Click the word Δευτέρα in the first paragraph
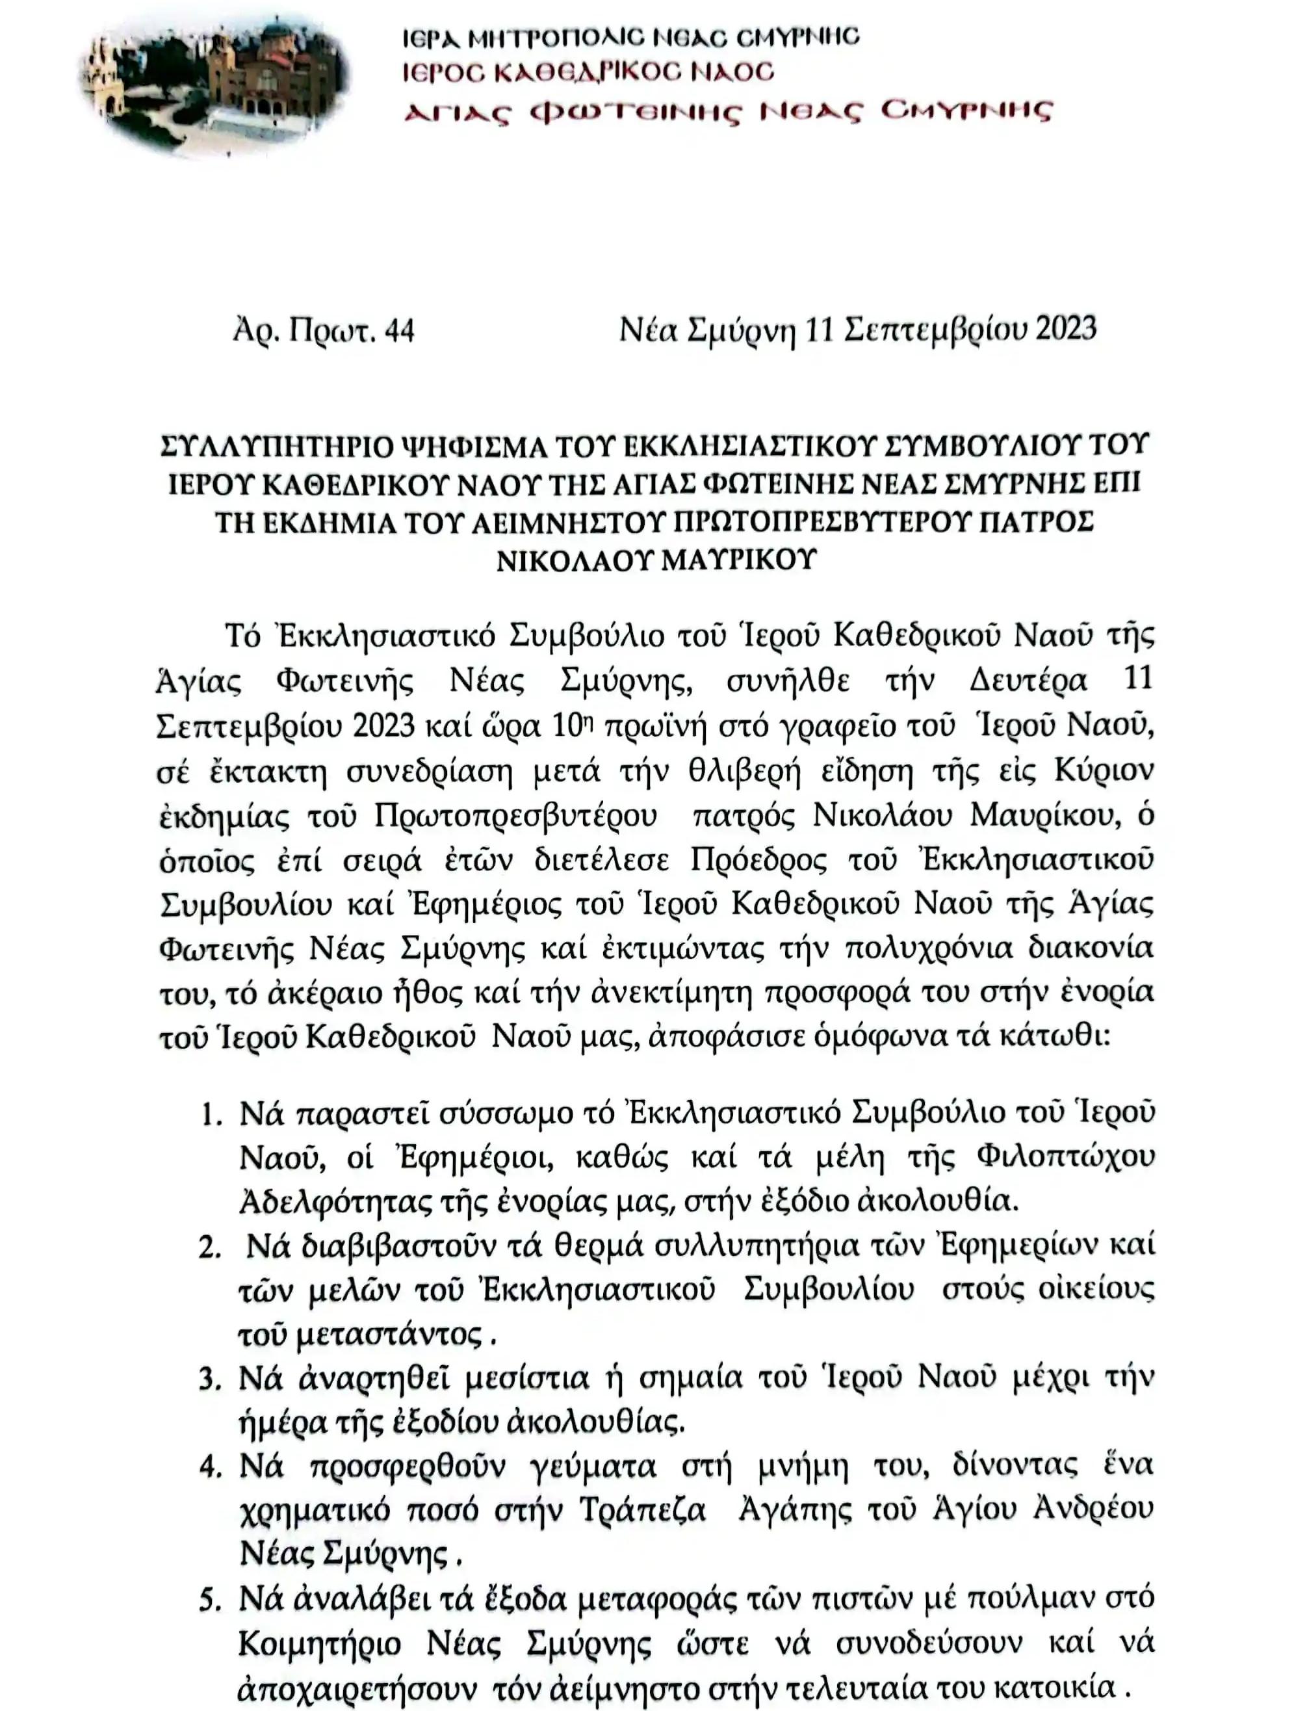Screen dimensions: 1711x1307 1028,681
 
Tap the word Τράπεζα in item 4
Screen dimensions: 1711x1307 643,1511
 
